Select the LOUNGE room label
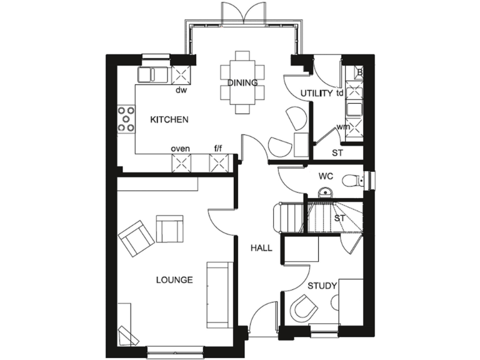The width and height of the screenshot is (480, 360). pos(174,280)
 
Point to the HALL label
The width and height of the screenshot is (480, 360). pos(261,248)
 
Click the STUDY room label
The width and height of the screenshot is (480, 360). pos(322,286)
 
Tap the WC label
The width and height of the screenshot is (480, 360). pos(326,176)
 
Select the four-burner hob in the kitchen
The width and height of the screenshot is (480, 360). pos(126,119)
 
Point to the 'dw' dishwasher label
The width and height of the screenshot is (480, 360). pos(181,89)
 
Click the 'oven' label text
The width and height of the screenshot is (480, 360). pos(181,149)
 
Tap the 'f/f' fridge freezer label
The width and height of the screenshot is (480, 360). pos(219,149)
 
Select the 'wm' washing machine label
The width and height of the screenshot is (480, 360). pos(342,127)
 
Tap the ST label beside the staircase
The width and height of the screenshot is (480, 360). pos(339,218)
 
